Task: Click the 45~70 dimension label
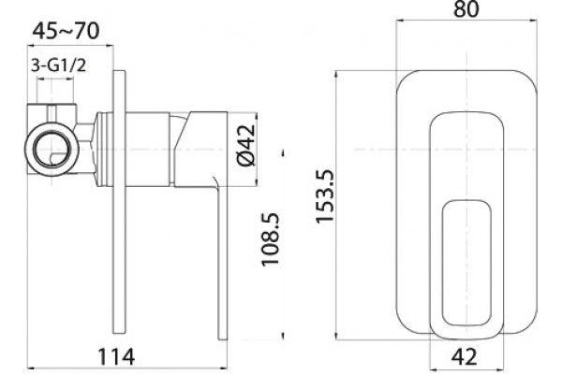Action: [66, 31]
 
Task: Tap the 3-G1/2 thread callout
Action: [58, 65]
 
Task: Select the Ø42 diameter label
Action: [246, 145]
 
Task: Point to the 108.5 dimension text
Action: [271, 239]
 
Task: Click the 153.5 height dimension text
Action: [325, 196]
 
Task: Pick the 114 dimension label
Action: [116, 357]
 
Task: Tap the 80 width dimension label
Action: [466, 9]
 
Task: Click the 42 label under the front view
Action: [465, 357]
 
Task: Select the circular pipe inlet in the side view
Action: [52, 150]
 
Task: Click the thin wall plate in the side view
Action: [119, 202]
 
